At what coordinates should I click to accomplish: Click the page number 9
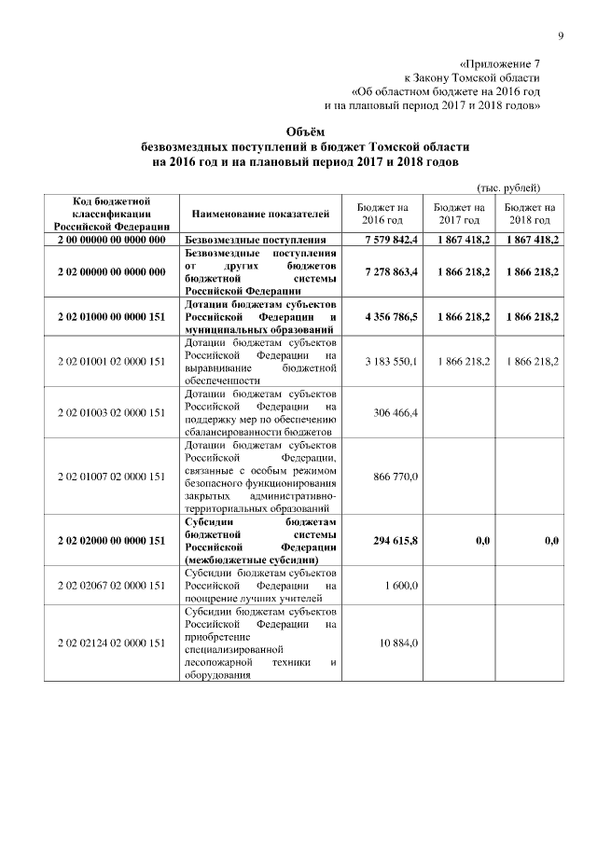(562, 36)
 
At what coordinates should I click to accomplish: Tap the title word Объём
(298, 131)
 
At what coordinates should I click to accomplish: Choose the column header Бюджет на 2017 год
(457, 214)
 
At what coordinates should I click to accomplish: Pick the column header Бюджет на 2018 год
(531, 214)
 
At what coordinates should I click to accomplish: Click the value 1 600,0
(402, 585)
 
